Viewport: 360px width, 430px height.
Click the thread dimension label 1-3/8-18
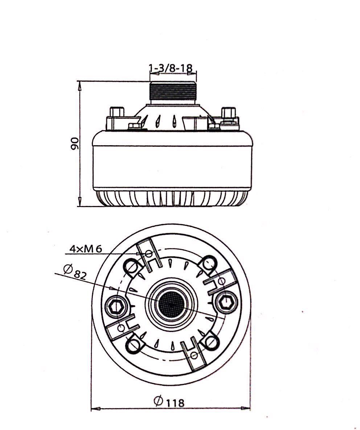click(x=171, y=68)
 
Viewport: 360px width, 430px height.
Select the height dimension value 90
click(x=75, y=144)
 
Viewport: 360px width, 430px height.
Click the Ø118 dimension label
click(x=169, y=402)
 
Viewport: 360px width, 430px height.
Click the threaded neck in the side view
click(x=173, y=91)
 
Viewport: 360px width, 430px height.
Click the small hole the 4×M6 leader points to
click(x=149, y=253)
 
